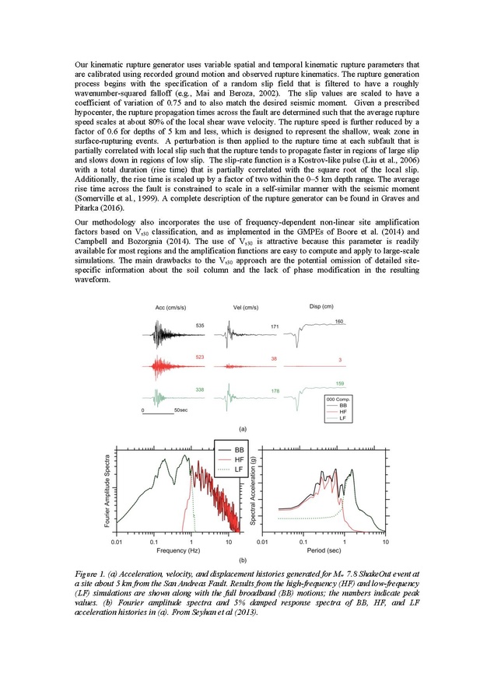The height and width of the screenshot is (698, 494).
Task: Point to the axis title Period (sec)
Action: (322, 550)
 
